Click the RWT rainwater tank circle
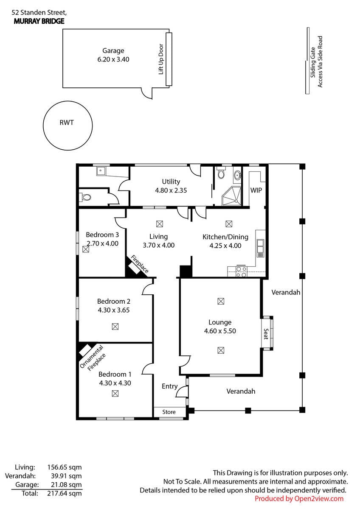tap(67, 125)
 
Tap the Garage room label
tap(113, 51)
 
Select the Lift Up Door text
tap(161, 59)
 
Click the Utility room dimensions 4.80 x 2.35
tap(171, 190)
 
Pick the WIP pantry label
tap(256, 190)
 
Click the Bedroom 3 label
tap(102, 235)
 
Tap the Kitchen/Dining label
tap(225, 237)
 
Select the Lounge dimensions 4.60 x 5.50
tap(220, 331)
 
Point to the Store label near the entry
tap(169, 412)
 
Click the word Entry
tap(170, 386)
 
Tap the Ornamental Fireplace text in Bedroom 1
tap(93, 358)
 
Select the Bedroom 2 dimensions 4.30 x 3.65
tap(113, 310)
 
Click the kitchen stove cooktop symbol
tap(241, 271)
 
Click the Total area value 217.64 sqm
tap(67, 493)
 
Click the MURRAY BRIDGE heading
tap(39, 21)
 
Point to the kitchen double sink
tap(259, 247)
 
